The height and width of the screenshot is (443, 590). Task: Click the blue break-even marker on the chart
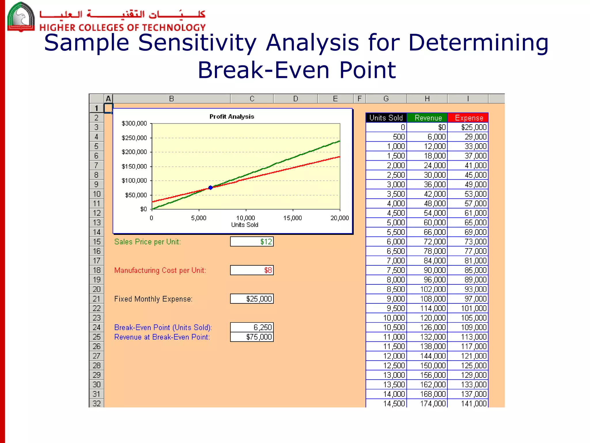pos(210,188)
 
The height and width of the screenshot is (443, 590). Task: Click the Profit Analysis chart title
pos(232,117)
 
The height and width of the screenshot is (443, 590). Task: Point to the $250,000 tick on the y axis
pos(134,138)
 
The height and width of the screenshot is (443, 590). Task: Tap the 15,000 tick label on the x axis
pos(292,218)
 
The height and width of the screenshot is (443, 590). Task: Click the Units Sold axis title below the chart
pos(245,225)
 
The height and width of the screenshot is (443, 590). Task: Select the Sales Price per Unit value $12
pos(252,242)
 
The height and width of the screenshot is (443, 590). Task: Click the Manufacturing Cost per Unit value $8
pos(252,270)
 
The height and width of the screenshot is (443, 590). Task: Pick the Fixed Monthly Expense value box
pos(252,299)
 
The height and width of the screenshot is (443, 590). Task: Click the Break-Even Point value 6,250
pos(252,327)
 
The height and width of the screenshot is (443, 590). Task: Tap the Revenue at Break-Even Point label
pos(162,337)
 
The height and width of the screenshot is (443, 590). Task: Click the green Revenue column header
pos(428,118)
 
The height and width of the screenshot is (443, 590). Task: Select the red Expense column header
pos(468,118)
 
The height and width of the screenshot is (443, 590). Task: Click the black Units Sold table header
pos(386,118)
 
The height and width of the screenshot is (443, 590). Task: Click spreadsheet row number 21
pos(97,299)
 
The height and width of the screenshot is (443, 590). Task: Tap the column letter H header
pos(427,99)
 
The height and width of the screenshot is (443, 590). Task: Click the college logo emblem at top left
pos(21,16)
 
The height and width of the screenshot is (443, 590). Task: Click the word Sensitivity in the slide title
pos(197,43)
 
